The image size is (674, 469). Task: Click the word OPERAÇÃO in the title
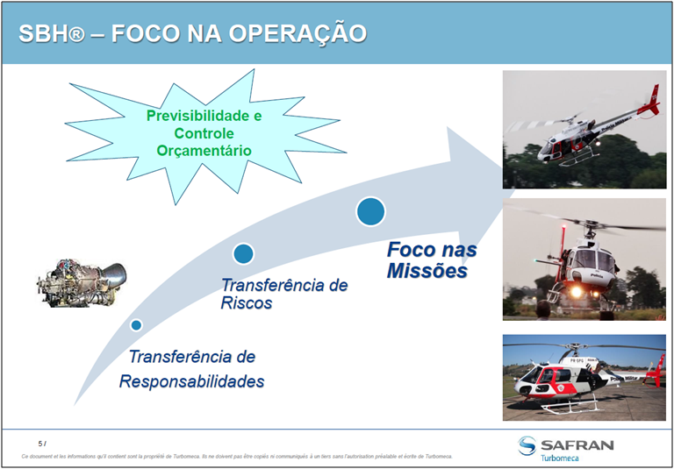click(x=298, y=33)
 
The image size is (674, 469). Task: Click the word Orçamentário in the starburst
click(x=204, y=151)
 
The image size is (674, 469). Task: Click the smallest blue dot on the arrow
click(x=136, y=325)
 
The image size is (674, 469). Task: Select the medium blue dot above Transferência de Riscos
click(x=243, y=253)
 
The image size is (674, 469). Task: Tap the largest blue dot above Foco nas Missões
click(x=370, y=210)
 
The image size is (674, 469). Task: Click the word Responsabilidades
click(x=191, y=381)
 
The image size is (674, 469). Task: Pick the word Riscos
click(x=247, y=303)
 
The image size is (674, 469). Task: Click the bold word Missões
click(x=427, y=271)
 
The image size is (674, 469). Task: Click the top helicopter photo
click(x=584, y=129)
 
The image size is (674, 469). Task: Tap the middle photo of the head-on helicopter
click(x=584, y=259)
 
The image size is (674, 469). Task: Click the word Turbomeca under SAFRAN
click(x=566, y=458)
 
